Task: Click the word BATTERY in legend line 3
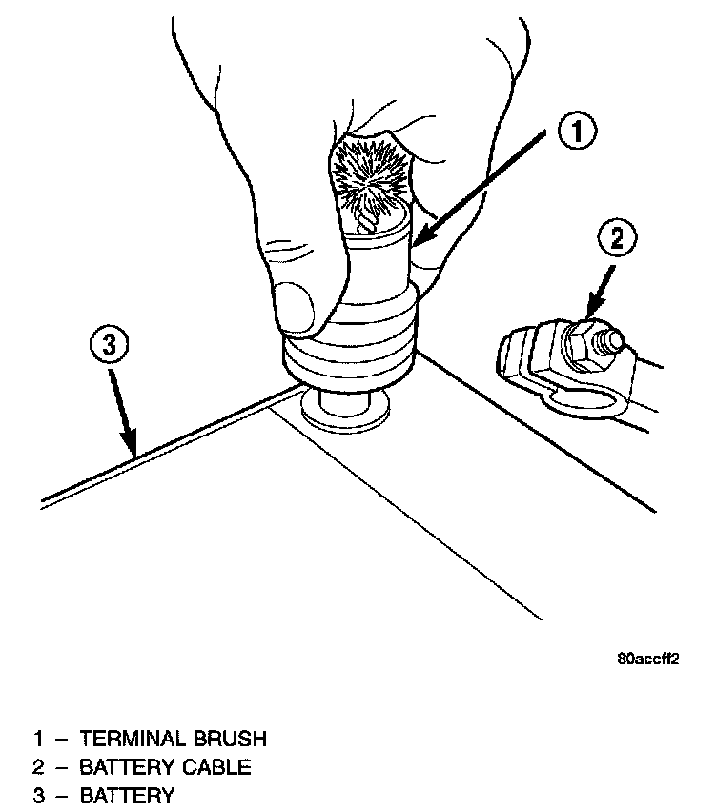click(127, 796)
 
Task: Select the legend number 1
click(39, 739)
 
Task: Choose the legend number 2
click(39, 767)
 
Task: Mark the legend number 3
click(39, 796)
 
